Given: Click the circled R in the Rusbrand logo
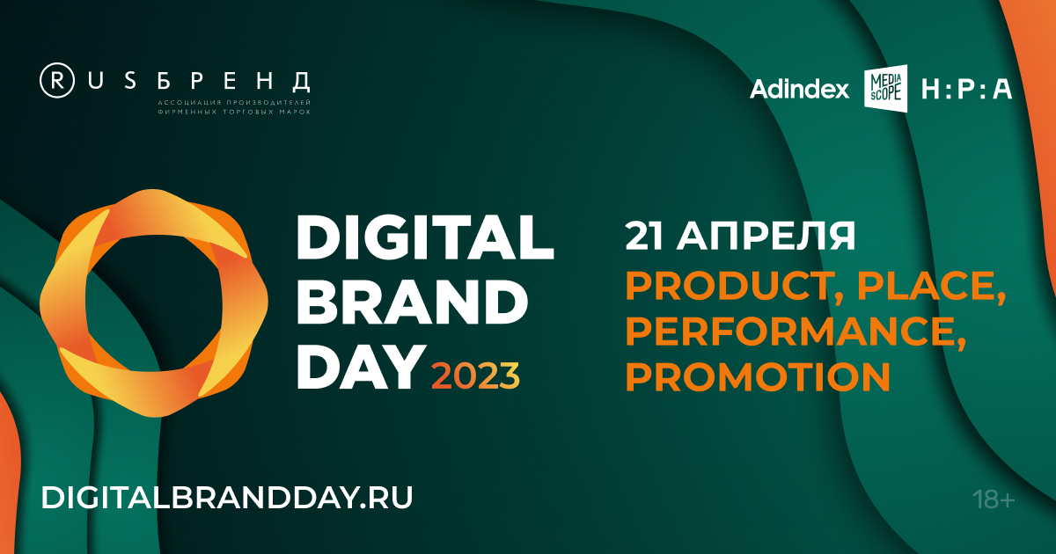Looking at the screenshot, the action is [57, 81].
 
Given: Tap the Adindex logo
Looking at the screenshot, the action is [799, 89].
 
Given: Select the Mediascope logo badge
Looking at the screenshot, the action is [885, 88].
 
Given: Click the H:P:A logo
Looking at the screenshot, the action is [967, 89].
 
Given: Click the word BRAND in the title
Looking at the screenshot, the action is [413, 302].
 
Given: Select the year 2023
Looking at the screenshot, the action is [475, 375].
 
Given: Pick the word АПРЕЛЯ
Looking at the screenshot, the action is [766, 236].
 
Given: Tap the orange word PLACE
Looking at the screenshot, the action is [931, 287].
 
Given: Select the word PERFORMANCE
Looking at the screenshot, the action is [796, 332].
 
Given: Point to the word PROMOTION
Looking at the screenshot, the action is [758, 377].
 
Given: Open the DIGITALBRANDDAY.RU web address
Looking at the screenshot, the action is [227, 498].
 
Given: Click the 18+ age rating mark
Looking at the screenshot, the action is [994, 499].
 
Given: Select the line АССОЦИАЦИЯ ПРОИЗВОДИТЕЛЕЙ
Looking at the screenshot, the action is [234, 102].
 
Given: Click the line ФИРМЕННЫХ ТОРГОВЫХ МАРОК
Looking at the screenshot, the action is [234, 113].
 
